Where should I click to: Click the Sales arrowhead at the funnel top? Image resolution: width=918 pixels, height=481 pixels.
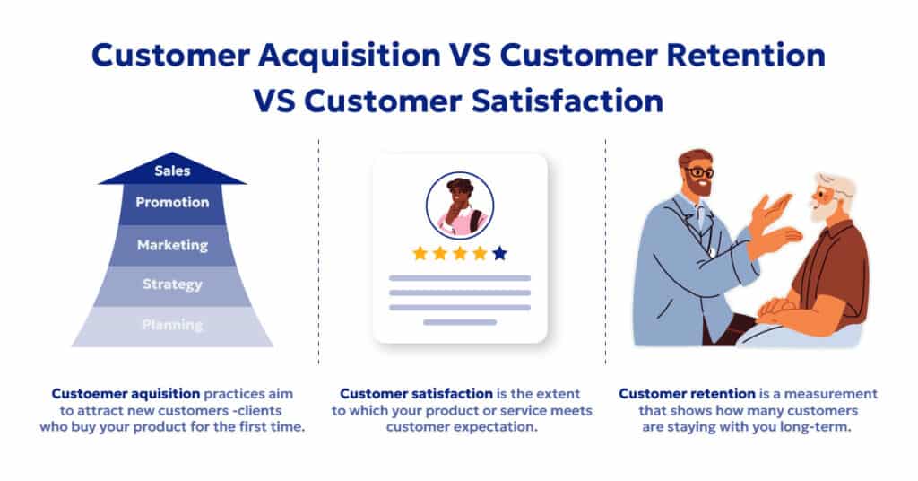tap(172, 171)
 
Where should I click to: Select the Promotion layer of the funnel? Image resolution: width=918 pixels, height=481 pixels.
tap(172, 203)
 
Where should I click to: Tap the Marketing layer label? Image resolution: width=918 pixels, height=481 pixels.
tap(172, 245)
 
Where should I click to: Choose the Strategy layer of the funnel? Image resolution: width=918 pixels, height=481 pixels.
tap(172, 284)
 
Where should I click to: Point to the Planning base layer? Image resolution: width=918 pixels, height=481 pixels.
tap(172, 325)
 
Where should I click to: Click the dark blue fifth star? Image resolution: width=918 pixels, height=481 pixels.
tap(499, 253)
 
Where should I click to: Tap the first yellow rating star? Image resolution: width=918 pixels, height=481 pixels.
tap(420, 253)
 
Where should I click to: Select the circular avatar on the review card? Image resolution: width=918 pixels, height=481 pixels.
tap(460, 206)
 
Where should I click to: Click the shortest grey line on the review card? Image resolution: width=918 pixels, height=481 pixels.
tap(460, 321)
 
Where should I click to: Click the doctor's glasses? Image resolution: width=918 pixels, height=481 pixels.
tap(699, 171)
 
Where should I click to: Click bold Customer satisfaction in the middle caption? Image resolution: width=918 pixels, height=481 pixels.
tap(416, 394)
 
